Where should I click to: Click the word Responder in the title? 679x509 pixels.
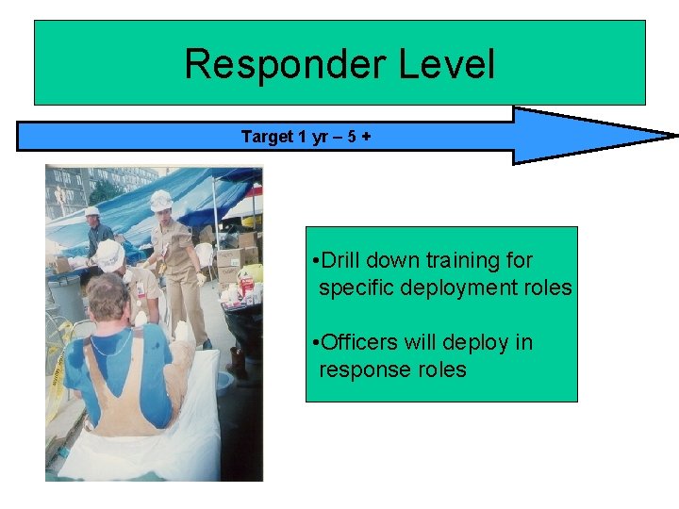click(285, 64)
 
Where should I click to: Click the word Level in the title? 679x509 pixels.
click(446, 64)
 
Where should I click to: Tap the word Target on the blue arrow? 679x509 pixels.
click(267, 137)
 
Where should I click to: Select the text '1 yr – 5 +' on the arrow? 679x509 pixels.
click(335, 137)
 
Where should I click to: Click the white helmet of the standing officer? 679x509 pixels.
click(161, 200)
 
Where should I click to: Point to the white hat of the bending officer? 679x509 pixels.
click(109, 254)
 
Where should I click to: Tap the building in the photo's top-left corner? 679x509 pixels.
click(71, 189)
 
